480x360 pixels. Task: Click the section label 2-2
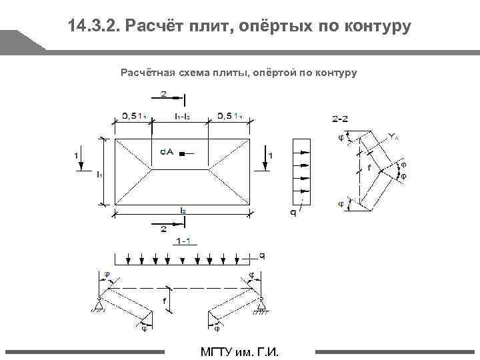339,119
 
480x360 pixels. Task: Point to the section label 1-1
183,241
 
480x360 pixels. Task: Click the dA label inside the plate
167,153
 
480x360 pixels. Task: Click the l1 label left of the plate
99,175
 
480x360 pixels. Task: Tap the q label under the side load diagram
293,213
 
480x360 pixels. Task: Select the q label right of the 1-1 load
262,255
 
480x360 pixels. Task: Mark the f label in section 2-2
369,169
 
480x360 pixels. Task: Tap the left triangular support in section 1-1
97,306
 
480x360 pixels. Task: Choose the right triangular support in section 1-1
260,306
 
